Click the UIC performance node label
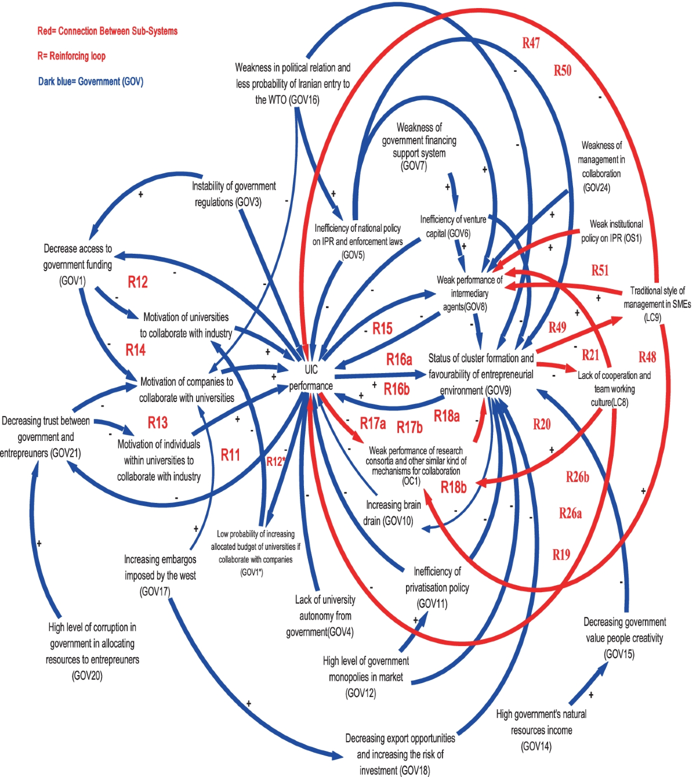(x=311, y=378)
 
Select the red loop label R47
(x=531, y=43)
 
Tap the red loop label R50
(x=562, y=71)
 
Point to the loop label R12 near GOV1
(x=137, y=282)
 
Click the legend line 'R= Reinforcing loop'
(x=71, y=56)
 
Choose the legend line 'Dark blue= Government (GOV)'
(x=90, y=82)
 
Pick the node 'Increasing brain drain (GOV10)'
(x=392, y=513)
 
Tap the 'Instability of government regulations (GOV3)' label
(x=234, y=194)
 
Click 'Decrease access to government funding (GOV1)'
(x=77, y=265)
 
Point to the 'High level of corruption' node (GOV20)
(x=92, y=651)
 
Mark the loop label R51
(x=600, y=270)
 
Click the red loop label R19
(x=561, y=555)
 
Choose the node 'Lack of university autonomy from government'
(x=324, y=616)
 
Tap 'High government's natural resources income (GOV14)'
(x=541, y=730)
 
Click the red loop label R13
(x=157, y=422)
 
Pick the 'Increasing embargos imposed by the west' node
(x=160, y=575)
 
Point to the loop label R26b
(x=577, y=477)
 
